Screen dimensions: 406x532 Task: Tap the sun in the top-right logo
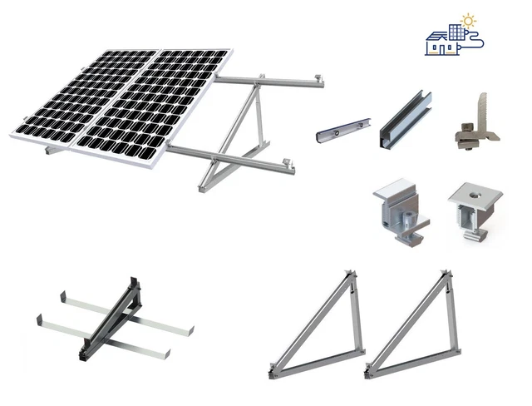point(469,19)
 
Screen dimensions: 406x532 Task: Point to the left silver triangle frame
point(320,329)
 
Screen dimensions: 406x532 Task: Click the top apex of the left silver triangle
point(351,274)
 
